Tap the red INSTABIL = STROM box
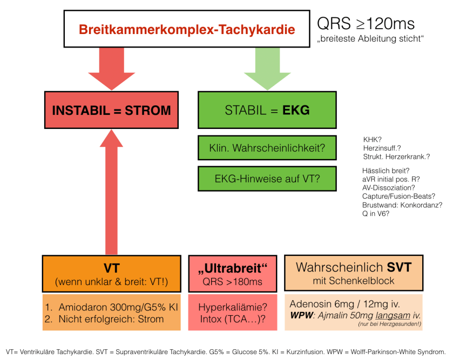(111, 111)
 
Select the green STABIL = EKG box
(267, 111)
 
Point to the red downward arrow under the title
(111, 67)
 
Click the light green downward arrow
(267, 67)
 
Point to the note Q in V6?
(376, 214)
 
